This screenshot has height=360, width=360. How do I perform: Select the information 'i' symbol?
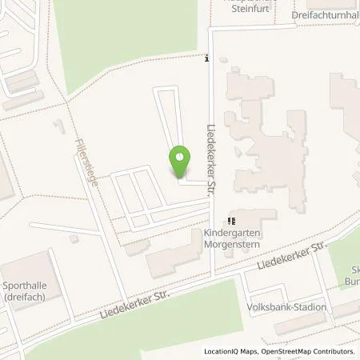[x=207, y=58]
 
